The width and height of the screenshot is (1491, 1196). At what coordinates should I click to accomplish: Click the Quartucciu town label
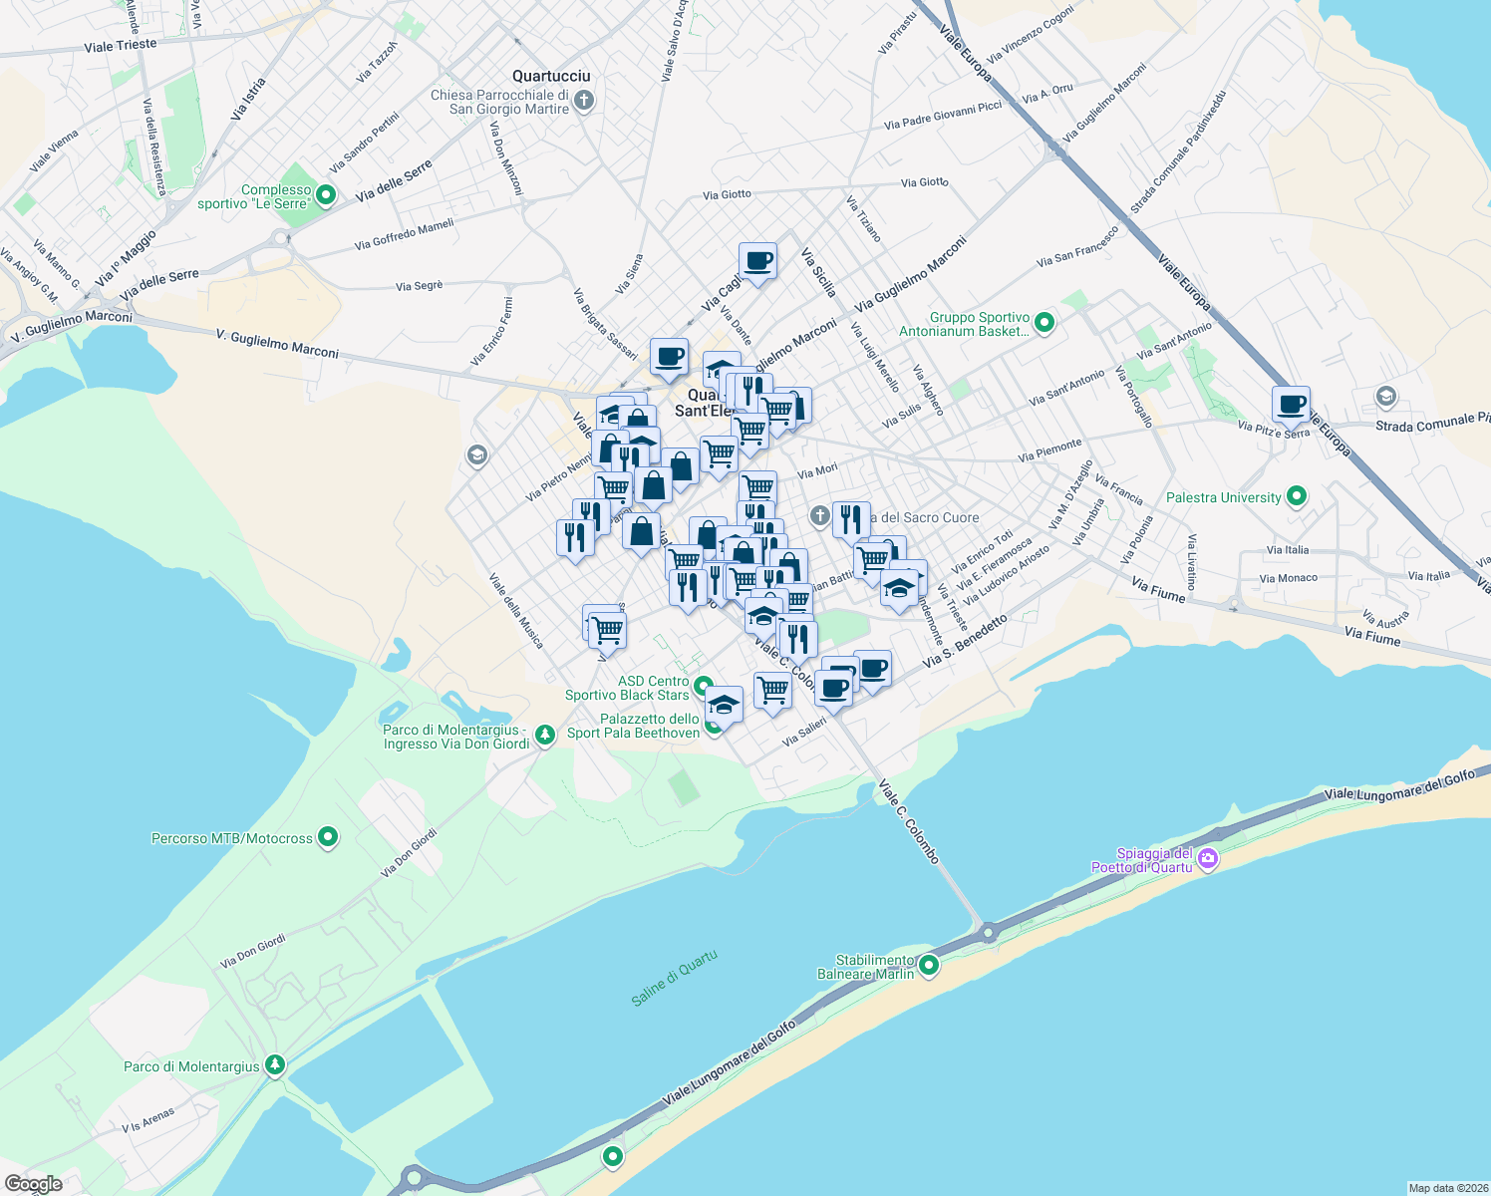pos(551,76)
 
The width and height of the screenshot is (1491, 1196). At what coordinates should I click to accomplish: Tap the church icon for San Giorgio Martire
pos(584,100)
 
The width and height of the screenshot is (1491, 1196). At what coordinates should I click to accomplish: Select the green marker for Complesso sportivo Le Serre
pos(324,196)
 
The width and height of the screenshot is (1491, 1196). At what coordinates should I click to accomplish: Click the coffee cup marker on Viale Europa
pos(1291,405)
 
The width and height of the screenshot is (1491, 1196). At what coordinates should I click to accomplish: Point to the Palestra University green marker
pos(1296,496)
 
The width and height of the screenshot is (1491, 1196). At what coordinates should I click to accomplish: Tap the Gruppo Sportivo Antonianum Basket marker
pos(1044,323)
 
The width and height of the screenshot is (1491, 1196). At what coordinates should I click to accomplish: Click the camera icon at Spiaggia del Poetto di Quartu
pos(1208,859)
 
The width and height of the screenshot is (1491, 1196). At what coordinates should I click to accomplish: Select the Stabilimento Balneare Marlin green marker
pos(929,965)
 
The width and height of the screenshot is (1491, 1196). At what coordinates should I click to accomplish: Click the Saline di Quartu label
pos(674,978)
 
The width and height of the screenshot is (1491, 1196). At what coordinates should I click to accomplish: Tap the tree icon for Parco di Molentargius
pos(275,1065)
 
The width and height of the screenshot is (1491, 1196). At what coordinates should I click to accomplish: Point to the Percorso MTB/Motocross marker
pos(327,837)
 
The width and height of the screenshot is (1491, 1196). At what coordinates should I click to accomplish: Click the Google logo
pos(33,1184)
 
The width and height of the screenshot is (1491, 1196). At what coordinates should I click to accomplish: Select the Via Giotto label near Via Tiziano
pos(924,182)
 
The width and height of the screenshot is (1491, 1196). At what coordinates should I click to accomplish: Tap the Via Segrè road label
pos(419,286)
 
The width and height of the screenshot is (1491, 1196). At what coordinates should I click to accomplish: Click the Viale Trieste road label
pos(121,46)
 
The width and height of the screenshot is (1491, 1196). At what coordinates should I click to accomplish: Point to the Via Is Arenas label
pos(148,1120)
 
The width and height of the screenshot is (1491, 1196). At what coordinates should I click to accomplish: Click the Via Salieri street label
pos(804,733)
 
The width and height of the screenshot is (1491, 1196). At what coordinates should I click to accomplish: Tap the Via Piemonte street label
pos(1049,450)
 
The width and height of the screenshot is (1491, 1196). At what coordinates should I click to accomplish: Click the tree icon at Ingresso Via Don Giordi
pos(544,736)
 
